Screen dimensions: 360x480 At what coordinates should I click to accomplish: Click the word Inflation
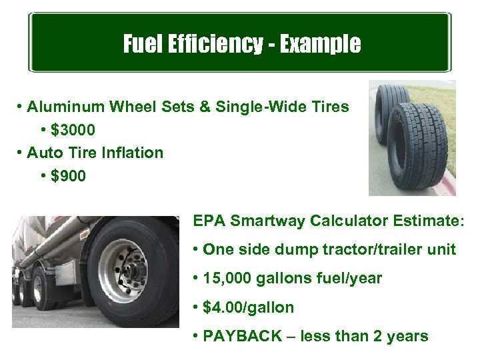[133, 153]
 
